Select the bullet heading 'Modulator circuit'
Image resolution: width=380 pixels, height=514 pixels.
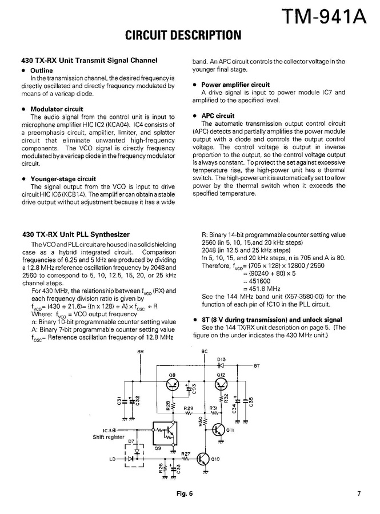pyautogui.click(x=56, y=109)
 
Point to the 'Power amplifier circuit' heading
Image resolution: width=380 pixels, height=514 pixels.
pyautogui.click(x=235, y=85)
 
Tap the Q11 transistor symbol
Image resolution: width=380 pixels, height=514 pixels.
pyautogui.click(x=220, y=429)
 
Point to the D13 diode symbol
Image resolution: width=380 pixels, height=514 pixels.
pyautogui.click(x=221, y=364)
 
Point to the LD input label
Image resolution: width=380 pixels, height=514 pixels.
pyautogui.click(x=112, y=459)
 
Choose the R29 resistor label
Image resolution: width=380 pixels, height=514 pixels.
pyautogui.click(x=189, y=407)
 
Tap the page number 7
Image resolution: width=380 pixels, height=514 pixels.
pyautogui.click(x=359, y=495)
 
